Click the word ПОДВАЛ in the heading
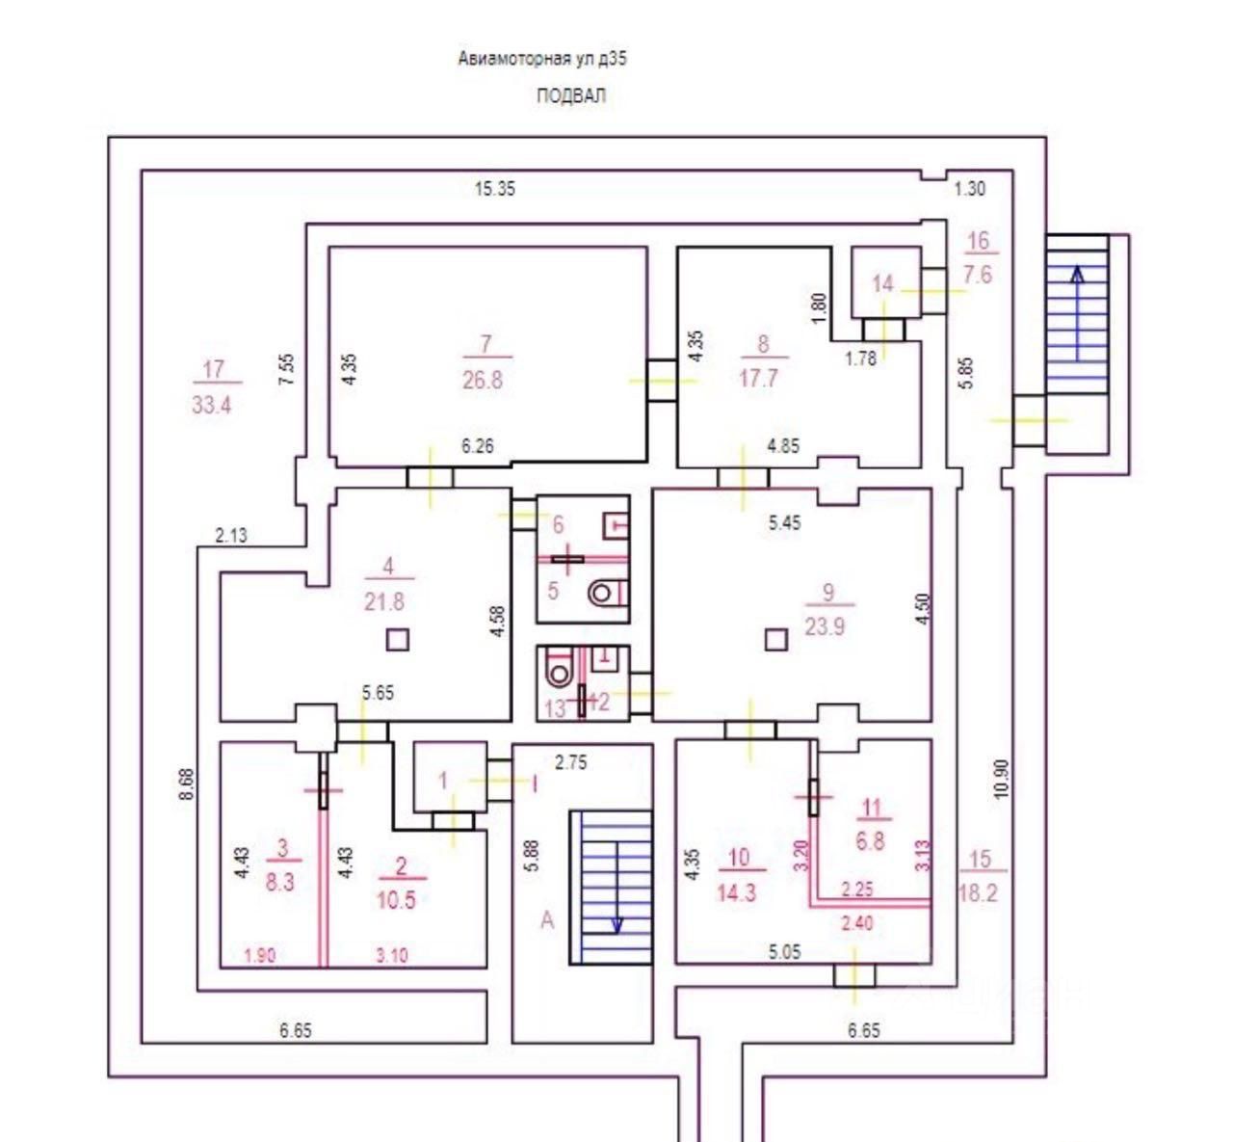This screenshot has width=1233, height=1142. point(571,96)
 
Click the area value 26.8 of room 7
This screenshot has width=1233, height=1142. point(482,380)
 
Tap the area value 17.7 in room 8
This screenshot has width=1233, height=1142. point(758,378)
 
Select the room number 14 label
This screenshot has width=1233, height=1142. point(882,283)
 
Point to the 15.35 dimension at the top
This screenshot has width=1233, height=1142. point(494,189)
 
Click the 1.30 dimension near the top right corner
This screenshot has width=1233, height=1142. point(969,189)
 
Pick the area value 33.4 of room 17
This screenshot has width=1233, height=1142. point(211,405)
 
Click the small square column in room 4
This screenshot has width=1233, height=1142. point(397,639)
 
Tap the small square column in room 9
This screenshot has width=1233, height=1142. point(775,639)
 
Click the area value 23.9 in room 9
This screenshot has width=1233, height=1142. point(825,625)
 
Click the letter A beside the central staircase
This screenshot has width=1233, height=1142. point(547,920)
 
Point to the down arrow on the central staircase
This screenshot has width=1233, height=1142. point(617,922)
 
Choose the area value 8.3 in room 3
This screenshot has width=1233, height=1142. point(279,881)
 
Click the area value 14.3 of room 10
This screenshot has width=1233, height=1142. point(736,892)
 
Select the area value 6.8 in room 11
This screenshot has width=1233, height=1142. point(870,840)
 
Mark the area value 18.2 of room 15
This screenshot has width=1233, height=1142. point(978,893)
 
